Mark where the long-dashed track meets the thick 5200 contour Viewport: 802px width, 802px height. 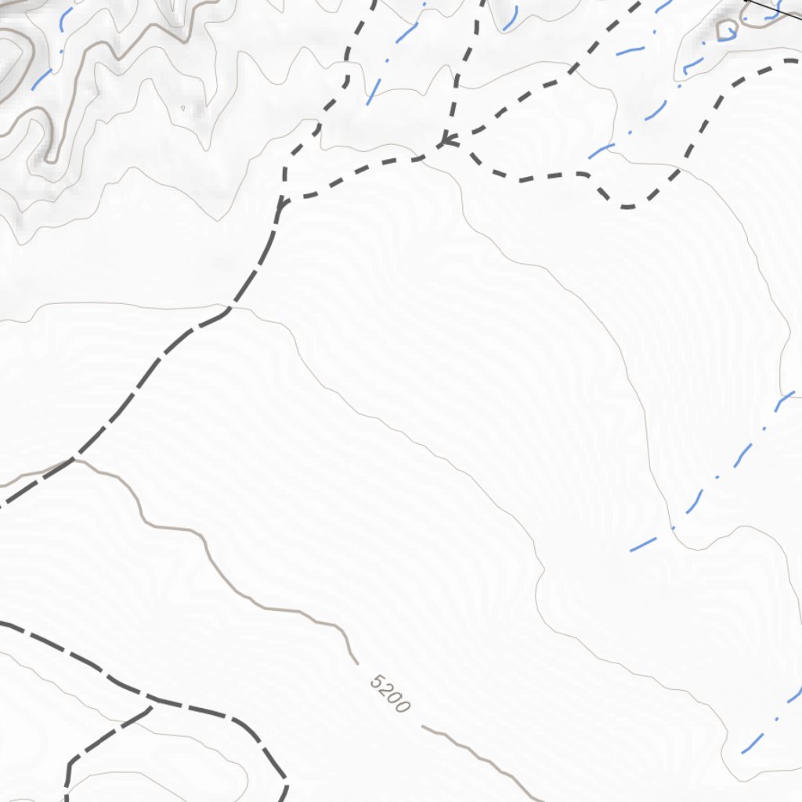[x=73, y=459]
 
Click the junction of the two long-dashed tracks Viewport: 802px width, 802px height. [x=151, y=707]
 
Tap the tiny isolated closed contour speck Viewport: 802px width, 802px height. [x=182, y=108]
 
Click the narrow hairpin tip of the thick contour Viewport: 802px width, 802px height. [x=51, y=159]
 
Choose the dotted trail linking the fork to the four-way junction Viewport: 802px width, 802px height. [x=360, y=168]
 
